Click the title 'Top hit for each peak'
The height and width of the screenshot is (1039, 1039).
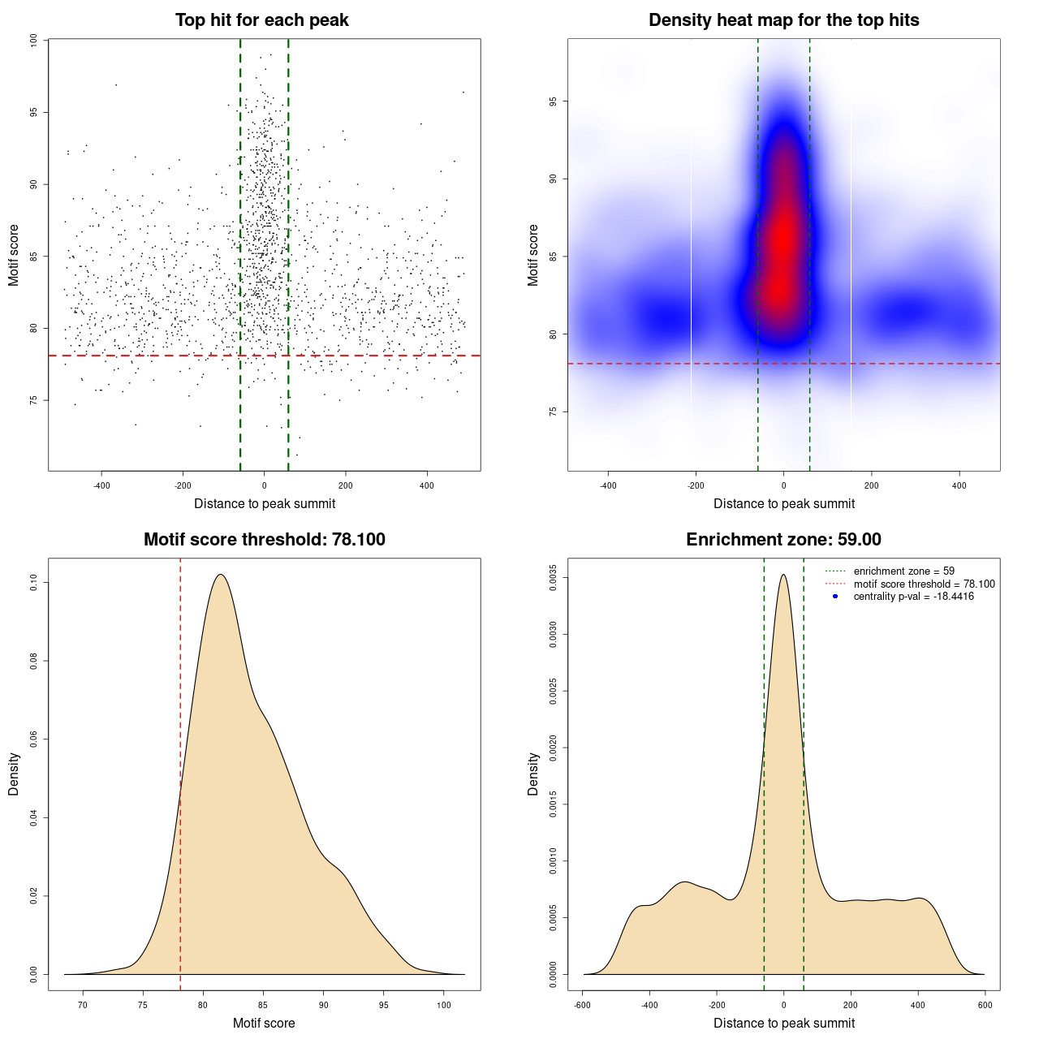point(261,20)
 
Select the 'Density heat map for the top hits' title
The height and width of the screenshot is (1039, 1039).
point(783,20)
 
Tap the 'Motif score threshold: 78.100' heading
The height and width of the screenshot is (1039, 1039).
point(264,540)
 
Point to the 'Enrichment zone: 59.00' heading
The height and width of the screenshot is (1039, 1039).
point(783,540)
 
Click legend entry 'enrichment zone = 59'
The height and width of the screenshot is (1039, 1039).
point(903,571)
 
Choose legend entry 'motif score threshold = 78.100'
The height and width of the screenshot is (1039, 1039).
point(924,584)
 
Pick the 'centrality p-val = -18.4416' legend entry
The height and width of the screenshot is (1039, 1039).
point(913,597)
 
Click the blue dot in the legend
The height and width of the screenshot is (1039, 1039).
point(835,597)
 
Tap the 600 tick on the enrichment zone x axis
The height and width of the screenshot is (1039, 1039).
point(985,1005)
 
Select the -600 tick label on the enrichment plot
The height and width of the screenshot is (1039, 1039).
point(582,1005)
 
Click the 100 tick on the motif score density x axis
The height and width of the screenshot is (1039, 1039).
point(443,1005)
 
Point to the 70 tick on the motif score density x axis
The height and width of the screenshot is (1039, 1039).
point(82,1005)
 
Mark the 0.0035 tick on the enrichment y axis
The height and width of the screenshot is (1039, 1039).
point(553,578)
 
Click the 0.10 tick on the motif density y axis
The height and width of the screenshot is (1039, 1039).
point(33,582)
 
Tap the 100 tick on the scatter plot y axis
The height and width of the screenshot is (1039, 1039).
point(33,41)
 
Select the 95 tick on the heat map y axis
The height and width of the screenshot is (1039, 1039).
point(553,101)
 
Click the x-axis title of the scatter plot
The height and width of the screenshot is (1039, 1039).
point(265,504)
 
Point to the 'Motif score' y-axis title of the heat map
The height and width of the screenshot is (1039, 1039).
point(533,255)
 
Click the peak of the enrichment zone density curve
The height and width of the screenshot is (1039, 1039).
point(783,575)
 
